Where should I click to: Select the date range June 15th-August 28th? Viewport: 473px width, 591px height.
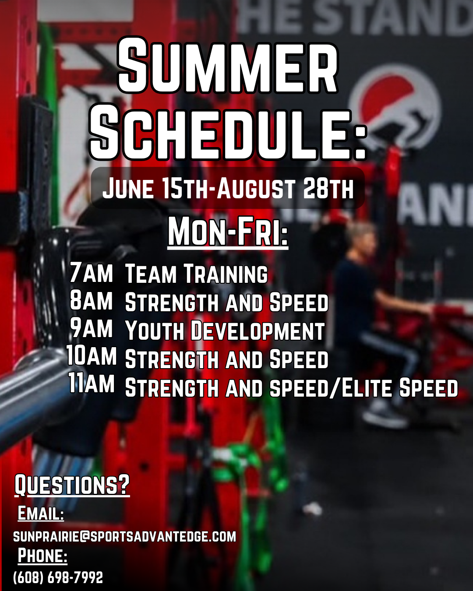pos(228,188)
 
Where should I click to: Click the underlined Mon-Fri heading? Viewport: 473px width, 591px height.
pos(228,232)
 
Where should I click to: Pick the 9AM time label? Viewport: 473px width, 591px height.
pos(91,328)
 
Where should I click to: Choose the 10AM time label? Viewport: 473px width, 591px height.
pos(92,356)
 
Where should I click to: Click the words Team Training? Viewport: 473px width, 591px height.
pos(196,273)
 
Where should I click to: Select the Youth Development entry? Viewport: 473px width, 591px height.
pos(225,331)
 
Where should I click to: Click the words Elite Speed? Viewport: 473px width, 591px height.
pos(400,387)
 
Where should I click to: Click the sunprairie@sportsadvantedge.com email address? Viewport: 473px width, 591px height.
pos(125,537)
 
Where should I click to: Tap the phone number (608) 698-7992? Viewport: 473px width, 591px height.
pos(58,577)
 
